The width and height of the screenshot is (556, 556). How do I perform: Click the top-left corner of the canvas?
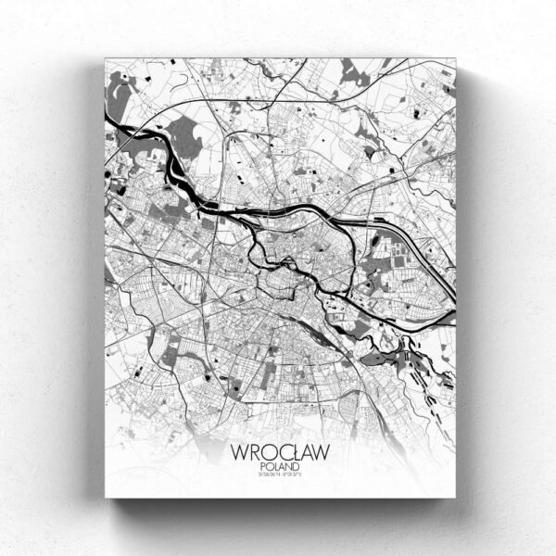[x=106, y=58]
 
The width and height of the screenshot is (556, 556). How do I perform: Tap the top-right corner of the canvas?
[x=456, y=58]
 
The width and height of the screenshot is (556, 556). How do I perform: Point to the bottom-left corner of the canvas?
[x=106, y=498]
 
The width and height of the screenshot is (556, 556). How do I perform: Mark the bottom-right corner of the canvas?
[x=456, y=498]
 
